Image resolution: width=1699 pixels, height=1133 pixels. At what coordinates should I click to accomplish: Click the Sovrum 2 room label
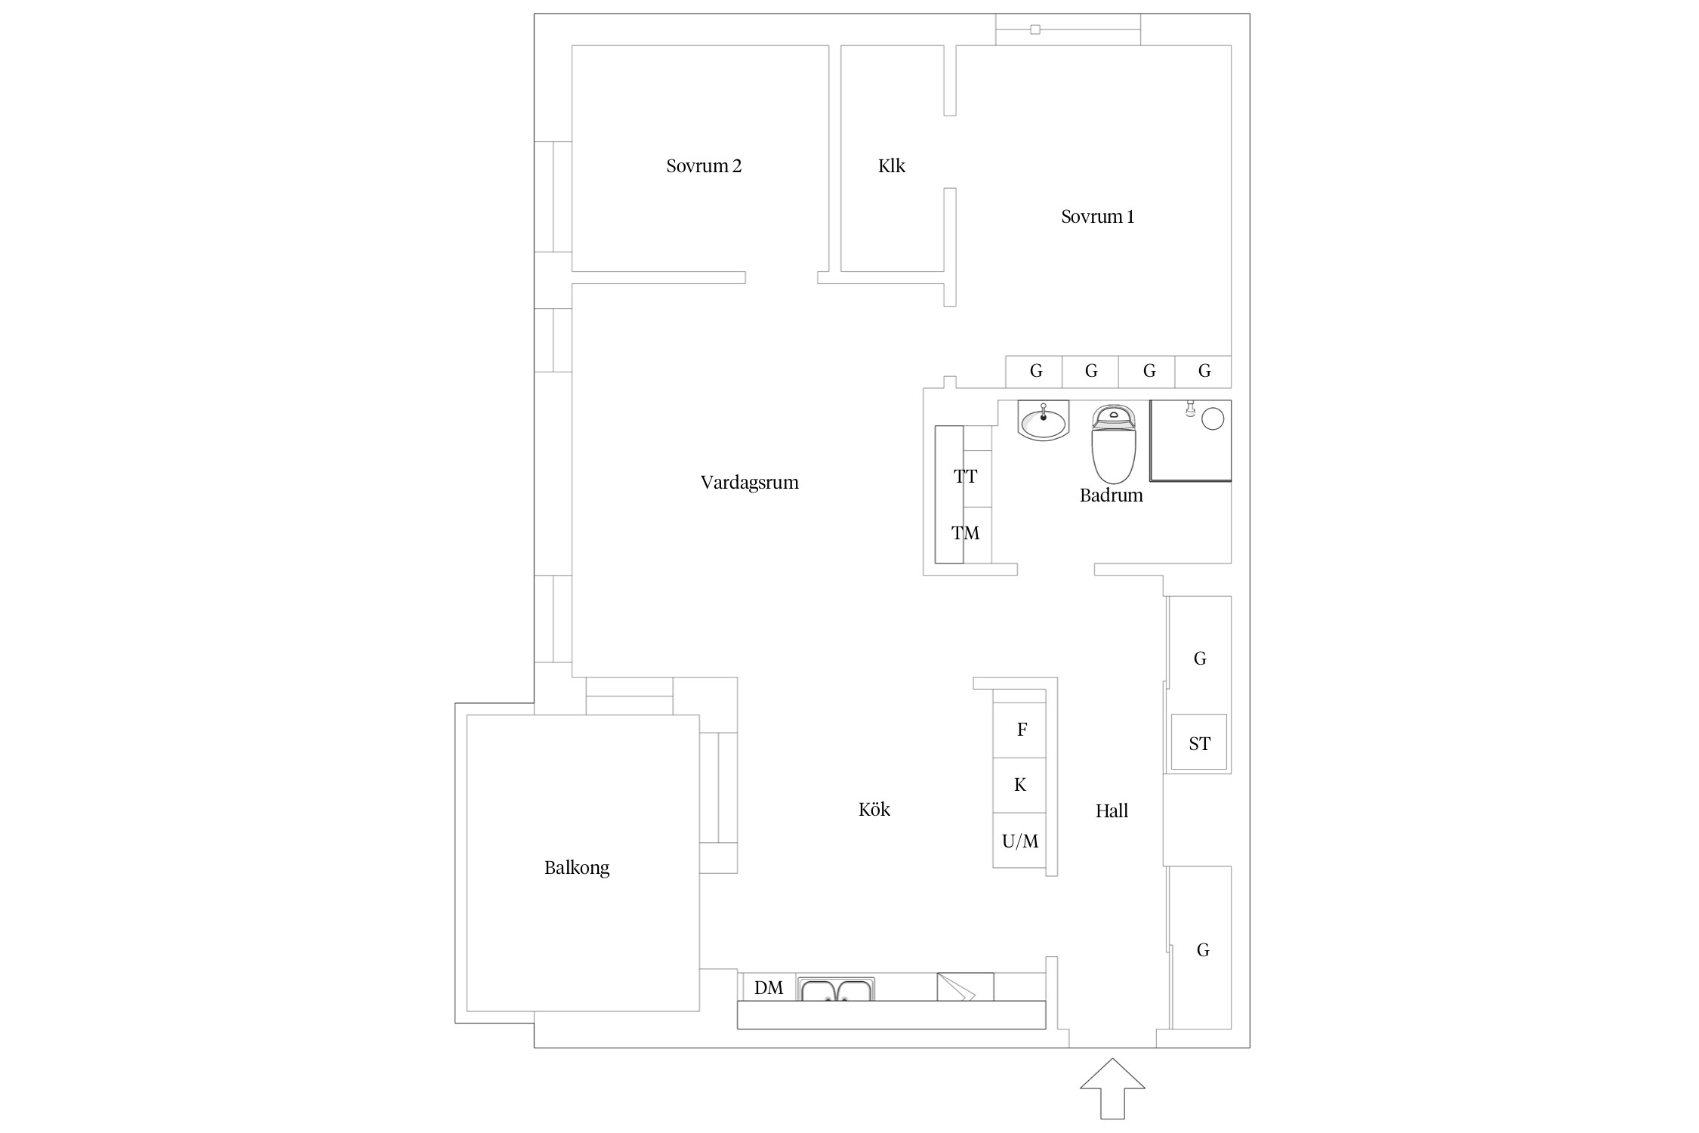pos(704,166)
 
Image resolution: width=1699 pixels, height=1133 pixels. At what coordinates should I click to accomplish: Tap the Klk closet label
pos(891,166)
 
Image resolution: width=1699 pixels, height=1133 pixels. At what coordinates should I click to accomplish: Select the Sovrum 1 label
pos(1097,217)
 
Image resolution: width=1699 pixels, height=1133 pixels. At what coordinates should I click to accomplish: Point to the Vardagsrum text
pos(749,483)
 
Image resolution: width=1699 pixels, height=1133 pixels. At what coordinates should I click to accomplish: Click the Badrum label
pos(1111,495)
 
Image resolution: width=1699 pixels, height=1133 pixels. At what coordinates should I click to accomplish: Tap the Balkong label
pos(577,868)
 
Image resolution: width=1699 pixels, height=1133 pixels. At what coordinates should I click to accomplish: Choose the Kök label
pos(874,810)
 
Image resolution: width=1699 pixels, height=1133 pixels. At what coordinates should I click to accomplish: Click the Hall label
pos(1112,811)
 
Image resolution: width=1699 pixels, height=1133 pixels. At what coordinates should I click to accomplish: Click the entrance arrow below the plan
pos(1112,1088)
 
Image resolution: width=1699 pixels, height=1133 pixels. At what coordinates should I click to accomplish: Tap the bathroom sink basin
pos(1044,421)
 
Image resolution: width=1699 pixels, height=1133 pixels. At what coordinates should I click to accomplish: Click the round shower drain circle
pos(1212,418)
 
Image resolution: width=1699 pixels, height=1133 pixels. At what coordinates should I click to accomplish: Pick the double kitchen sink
pos(837,989)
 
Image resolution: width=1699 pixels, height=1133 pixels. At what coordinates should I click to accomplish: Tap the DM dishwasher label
pos(769,988)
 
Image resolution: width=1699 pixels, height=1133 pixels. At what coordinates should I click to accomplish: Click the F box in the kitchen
pos(1019,730)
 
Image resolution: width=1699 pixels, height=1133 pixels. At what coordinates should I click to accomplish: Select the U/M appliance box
pos(1019,841)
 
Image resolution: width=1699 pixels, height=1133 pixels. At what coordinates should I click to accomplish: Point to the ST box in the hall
pos(1199,742)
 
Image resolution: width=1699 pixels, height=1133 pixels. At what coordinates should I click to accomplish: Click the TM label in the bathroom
pos(965,533)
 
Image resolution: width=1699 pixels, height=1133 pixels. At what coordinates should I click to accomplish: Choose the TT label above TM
pos(965,477)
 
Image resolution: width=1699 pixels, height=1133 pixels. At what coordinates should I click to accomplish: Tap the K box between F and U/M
pos(1019,786)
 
